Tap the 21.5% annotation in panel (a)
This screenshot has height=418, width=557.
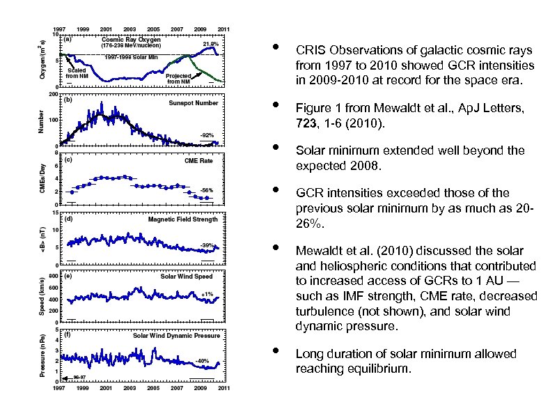(x=210, y=44)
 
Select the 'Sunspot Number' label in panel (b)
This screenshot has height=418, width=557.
(x=193, y=102)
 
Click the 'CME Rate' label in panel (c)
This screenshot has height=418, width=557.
(x=203, y=160)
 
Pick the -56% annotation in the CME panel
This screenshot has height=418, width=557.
(x=206, y=189)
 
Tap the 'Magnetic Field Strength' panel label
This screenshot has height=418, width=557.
(x=182, y=219)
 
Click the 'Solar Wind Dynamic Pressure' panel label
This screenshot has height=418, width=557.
(x=176, y=335)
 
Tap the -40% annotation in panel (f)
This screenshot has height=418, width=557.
(x=202, y=360)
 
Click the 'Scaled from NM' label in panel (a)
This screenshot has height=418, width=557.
(x=77, y=72)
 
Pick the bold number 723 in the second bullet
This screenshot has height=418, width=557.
(x=305, y=123)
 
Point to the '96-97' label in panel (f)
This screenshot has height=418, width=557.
(x=81, y=378)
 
